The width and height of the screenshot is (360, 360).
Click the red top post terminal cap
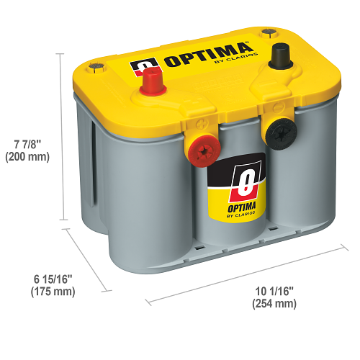153,81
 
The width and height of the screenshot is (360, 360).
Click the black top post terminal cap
281,56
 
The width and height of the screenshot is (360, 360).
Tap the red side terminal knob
204,151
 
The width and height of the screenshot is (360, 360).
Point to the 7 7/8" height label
27,145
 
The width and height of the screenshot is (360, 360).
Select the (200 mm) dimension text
27,157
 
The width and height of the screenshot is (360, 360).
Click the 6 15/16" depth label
53,279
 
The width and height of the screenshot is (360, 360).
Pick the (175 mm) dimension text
53,292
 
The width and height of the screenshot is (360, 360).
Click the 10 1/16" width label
274,291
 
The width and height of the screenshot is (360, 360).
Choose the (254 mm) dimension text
274,304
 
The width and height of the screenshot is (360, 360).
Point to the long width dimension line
247,275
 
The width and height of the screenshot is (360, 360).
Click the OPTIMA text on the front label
241,207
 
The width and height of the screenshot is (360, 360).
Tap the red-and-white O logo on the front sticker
246,181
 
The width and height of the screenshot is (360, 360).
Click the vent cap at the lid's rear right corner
269,32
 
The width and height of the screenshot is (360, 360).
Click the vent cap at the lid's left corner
96,66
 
